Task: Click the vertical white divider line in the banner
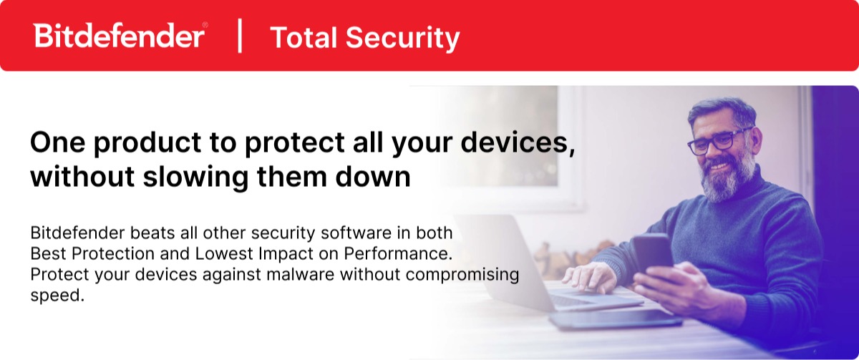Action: point(239,37)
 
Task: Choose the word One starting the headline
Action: point(57,144)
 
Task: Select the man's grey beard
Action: point(727,176)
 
